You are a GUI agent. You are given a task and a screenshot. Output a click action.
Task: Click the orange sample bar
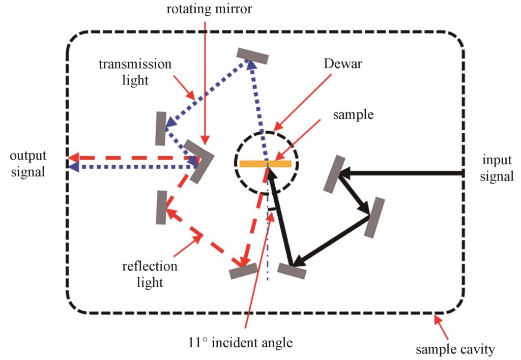[x=265, y=164]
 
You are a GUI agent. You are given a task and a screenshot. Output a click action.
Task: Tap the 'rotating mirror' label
[x=209, y=9]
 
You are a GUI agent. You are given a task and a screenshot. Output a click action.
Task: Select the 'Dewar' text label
[x=342, y=64]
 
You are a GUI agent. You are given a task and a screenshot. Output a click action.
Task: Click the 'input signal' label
[x=497, y=168]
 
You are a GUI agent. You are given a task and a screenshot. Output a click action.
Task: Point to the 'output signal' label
[x=28, y=164]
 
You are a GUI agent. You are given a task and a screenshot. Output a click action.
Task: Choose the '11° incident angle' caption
[x=240, y=342]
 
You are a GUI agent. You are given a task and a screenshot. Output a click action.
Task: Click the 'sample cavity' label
[x=455, y=349]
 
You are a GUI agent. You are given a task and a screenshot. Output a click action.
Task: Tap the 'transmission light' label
[x=135, y=72]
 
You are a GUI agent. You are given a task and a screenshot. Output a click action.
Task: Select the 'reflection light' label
[x=150, y=274]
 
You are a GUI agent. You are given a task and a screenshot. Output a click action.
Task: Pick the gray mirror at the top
[x=252, y=56]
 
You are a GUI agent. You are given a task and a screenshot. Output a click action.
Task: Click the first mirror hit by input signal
[x=334, y=174]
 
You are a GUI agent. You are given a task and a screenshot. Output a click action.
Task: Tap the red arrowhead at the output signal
[x=73, y=158]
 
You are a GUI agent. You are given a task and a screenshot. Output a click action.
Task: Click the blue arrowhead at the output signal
[x=73, y=167]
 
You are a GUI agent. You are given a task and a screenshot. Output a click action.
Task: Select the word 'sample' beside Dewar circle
[x=353, y=114]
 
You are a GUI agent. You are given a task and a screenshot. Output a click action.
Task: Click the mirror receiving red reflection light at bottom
[x=244, y=271]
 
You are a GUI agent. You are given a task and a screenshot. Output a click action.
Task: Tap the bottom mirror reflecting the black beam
[x=292, y=271]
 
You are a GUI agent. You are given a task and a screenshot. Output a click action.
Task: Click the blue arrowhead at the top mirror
[x=251, y=64]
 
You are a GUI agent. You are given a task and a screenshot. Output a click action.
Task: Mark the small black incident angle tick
[x=272, y=209]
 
